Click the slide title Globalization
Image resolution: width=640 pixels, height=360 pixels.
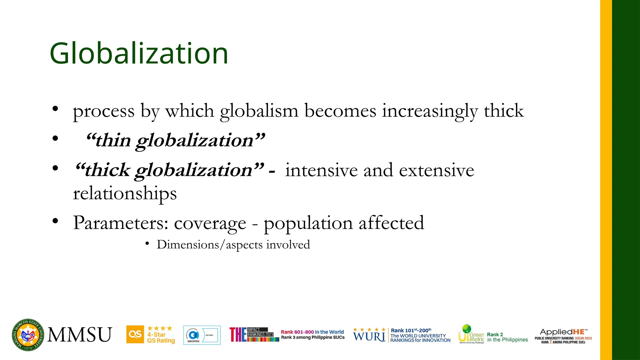click(x=139, y=54)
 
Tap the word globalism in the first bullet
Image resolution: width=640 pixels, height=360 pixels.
click(x=259, y=111)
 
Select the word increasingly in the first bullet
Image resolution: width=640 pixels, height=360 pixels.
click(x=430, y=111)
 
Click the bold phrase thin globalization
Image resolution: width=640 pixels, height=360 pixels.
click(x=175, y=140)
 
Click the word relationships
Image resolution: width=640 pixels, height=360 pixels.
click(x=125, y=193)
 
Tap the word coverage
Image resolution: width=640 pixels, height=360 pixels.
click(x=210, y=223)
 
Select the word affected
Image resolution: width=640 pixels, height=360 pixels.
click(x=391, y=223)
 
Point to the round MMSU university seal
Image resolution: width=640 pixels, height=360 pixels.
click(x=28, y=335)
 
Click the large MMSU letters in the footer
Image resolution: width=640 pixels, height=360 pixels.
click(x=80, y=335)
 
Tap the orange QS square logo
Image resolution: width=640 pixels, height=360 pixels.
click(x=135, y=334)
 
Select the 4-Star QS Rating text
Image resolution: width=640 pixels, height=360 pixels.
click(x=161, y=337)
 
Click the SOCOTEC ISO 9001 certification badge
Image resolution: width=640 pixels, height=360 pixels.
click(x=202, y=335)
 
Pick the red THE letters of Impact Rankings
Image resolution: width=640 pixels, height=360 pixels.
click(x=238, y=335)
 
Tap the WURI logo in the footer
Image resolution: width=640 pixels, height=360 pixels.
click(x=369, y=336)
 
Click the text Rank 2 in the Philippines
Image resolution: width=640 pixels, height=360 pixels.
click(x=507, y=337)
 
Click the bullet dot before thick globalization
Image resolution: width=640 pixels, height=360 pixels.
click(x=55, y=168)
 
